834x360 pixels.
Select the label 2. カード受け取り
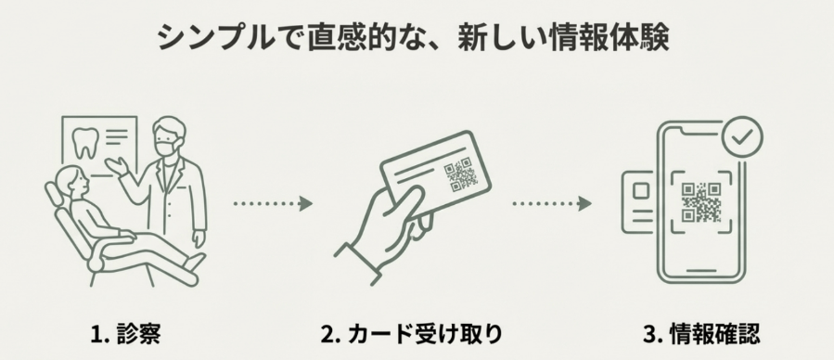pos(417,331)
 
